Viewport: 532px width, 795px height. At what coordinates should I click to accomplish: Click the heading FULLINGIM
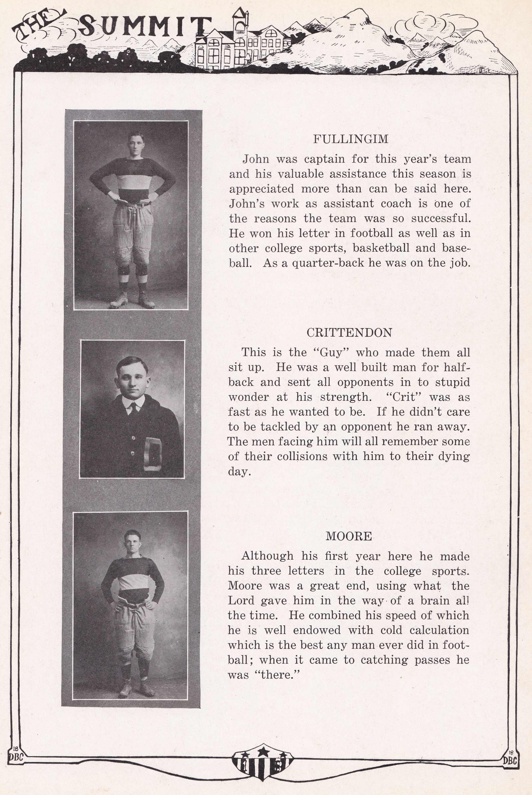point(350,139)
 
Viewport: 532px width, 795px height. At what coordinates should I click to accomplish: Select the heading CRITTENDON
point(349,333)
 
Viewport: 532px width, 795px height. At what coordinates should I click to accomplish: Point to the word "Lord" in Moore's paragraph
point(241,601)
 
